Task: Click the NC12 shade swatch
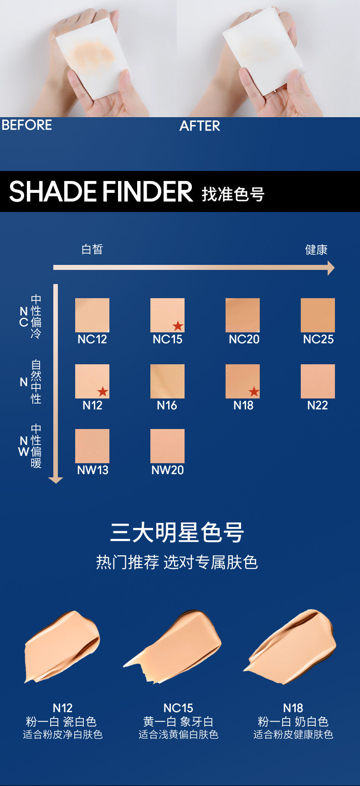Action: coord(92,315)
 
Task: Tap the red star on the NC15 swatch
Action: coord(178,326)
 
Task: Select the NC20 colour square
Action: coord(242,315)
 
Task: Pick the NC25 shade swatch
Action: coord(318,315)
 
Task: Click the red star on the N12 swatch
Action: coord(103,391)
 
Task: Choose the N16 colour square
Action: coord(167,381)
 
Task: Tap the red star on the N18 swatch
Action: coord(254,391)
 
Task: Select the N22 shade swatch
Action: coord(318,381)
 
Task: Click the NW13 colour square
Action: coord(92,446)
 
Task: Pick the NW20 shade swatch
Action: coord(167,446)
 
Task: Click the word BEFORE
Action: coord(27,125)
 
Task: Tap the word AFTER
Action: coord(200,126)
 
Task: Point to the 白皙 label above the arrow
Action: coord(92,249)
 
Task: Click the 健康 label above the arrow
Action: coord(316,250)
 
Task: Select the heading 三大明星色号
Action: coord(177,533)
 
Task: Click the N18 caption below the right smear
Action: coord(293,708)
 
